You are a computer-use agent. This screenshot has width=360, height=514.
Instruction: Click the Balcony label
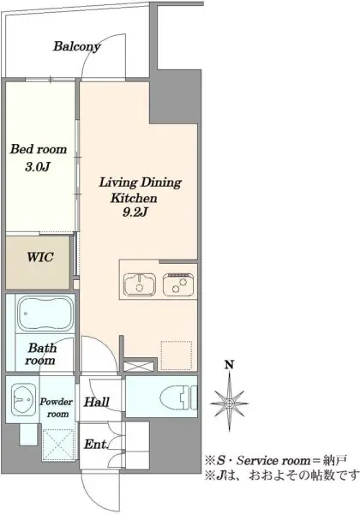[77, 47]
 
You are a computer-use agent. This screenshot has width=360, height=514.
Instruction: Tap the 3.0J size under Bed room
[38, 167]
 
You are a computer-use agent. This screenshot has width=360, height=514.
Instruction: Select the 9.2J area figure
[135, 212]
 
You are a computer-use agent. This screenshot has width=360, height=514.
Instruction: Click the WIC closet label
[40, 257]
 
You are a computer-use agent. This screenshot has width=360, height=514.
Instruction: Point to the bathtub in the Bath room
[45, 314]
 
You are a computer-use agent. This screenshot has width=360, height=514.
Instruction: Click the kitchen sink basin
[140, 284]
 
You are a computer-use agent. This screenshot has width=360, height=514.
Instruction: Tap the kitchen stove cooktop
[179, 284]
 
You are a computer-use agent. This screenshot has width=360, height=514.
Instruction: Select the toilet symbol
[178, 397]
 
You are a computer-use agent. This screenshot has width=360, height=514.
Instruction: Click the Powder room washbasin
[23, 399]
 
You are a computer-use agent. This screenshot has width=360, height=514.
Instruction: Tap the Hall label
[96, 402]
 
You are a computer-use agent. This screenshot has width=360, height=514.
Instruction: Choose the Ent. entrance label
[96, 444]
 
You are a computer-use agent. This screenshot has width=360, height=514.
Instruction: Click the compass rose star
[229, 403]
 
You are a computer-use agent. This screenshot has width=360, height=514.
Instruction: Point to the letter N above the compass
[229, 364]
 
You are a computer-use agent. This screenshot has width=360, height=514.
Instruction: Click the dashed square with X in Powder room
[58, 444]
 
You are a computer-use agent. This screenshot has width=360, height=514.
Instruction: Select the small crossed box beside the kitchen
[139, 366]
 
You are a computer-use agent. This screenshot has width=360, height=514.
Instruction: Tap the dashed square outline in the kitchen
[177, 355]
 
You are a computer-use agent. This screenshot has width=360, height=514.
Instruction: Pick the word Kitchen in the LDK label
[134, 198]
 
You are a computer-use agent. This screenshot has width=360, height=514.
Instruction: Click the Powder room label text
[57, 408]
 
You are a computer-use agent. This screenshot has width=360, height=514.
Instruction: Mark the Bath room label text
[41, 354]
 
